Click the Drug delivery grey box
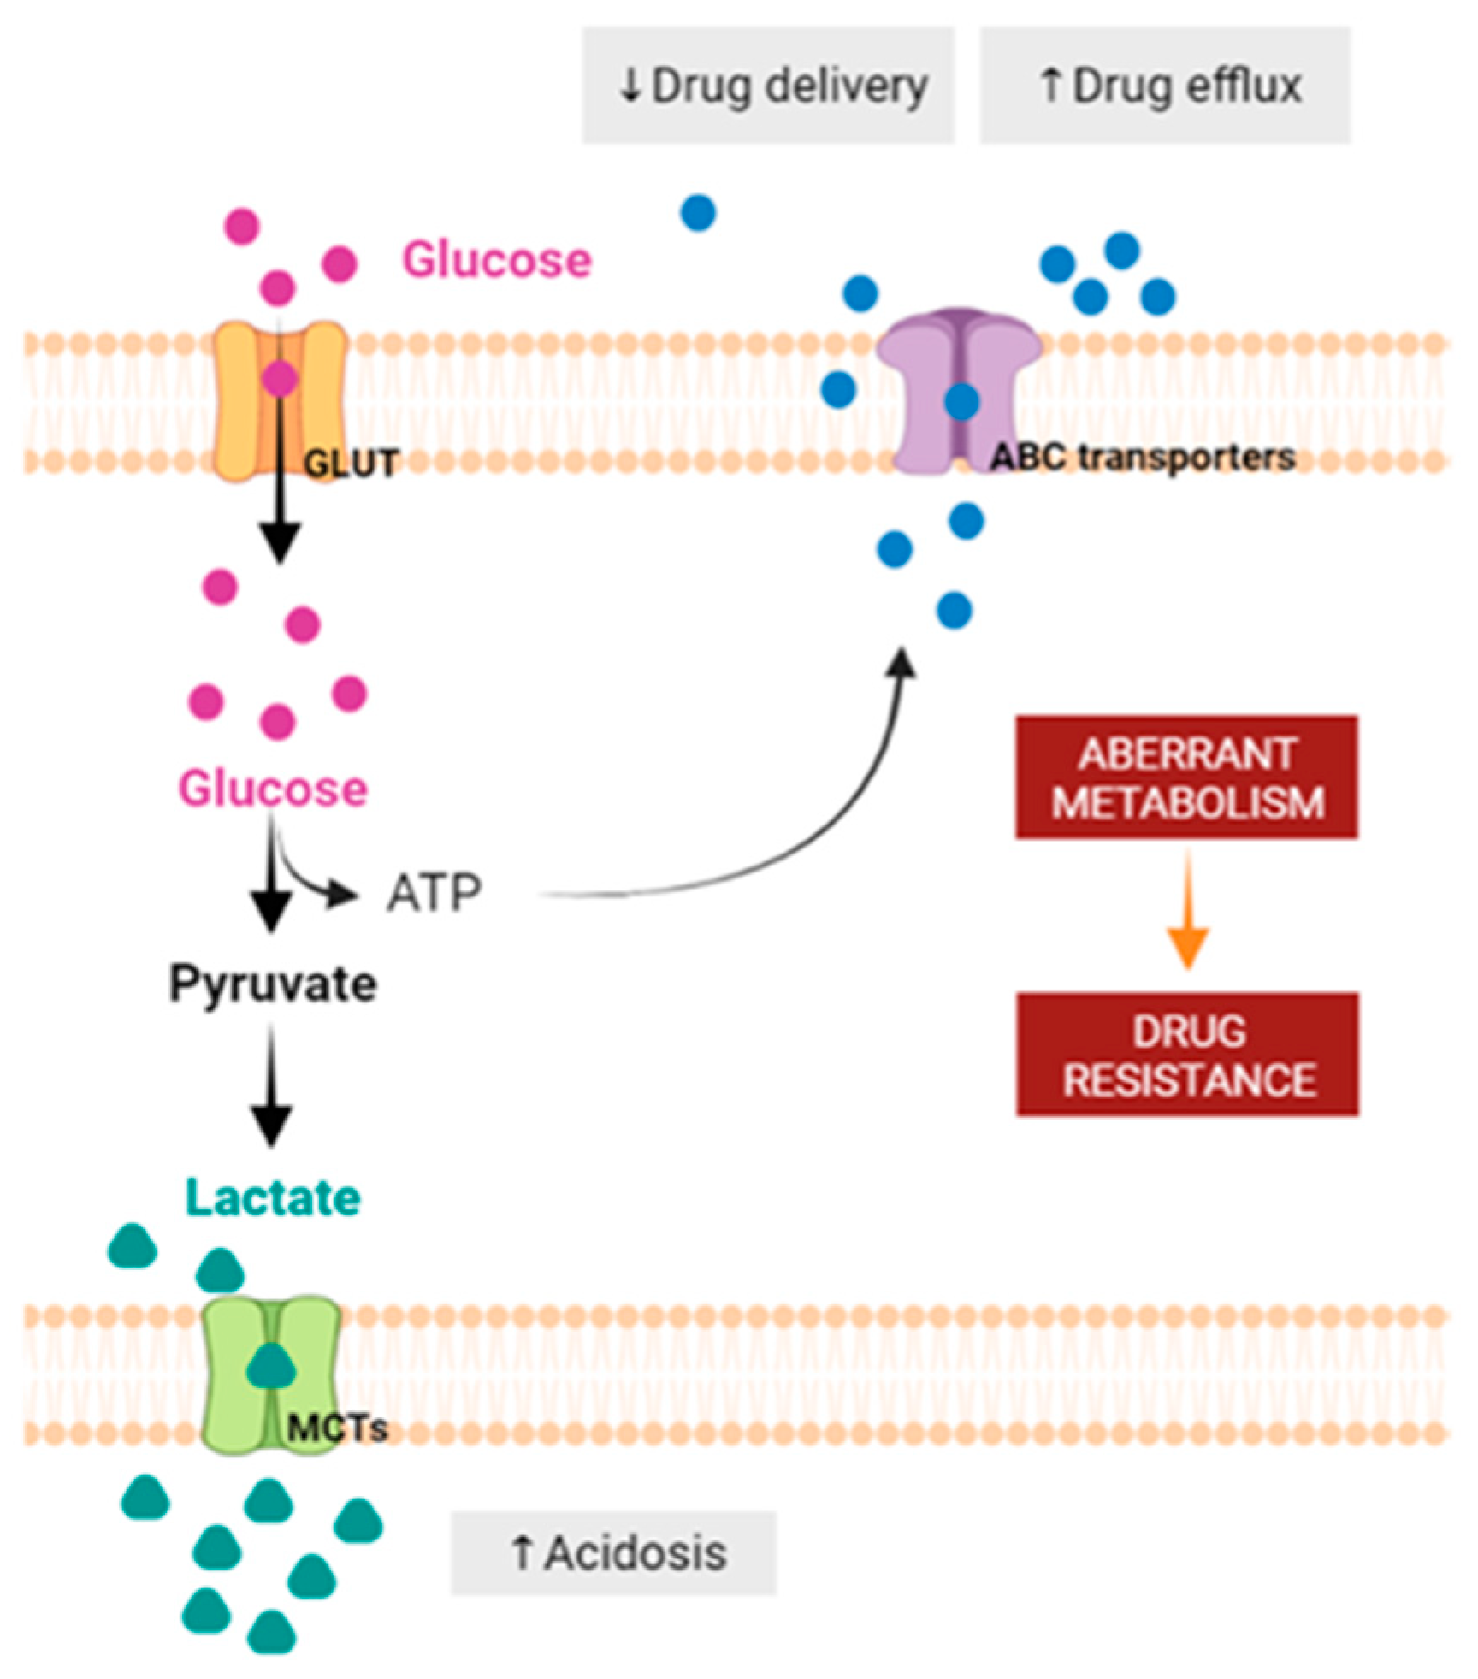(x=767, y=85)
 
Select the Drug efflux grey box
(x=1164, y=85)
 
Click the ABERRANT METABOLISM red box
(x=1185, y=777)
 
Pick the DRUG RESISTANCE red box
(x=1186, y=1054)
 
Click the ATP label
(x=434, y=894)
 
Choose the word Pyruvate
(x=272, y=984)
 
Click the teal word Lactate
(x=272, y=1197)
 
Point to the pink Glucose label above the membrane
(x=496, y=259)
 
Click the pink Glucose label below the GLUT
(x=272, y=788)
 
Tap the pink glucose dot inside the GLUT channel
(x=279, y=379)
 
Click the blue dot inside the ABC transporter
(x=961, y=401)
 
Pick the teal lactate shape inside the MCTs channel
(x=271, y=1365)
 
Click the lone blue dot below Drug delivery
(x=698, y=212)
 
